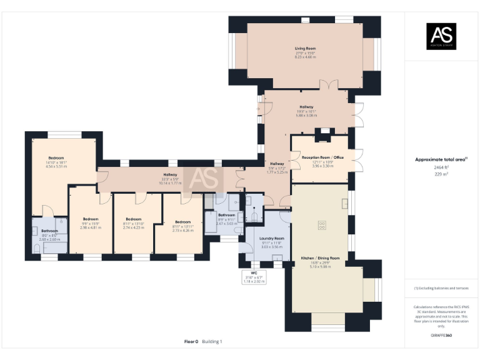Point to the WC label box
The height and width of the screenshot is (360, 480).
coord(254,277)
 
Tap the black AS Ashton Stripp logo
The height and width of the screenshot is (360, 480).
coord(441,36)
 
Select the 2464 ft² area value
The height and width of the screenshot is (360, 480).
coord(441,167)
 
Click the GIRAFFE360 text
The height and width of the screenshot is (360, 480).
coord(441,336)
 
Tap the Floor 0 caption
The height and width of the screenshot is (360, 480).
coord(191,342)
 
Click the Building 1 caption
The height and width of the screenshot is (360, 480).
coord(212,342)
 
